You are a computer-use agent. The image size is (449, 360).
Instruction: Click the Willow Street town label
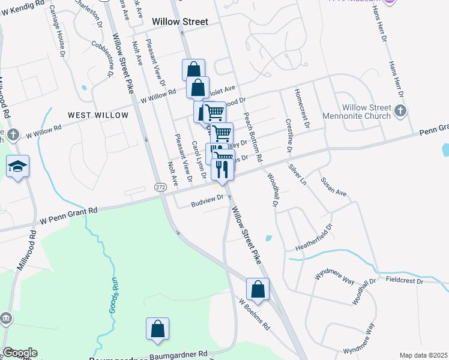pyautogui.click(x=180, y=22)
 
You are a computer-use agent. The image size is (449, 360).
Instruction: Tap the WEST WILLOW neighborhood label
pyautogui.click(x=98, y=115)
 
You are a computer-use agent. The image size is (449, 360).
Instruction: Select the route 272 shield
pyautogui.click(x=160, y=187)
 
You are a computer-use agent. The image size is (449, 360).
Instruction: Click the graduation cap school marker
pyautogui.click(x=18, y=166)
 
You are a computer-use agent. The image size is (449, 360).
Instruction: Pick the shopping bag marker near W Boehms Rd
pyautogui.click(x=258, y=289)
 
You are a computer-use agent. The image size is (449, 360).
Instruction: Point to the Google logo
pyautogui.click(x=20, y=353)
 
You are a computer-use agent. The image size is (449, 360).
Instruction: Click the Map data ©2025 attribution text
pyautogui.click(x=423, y=355)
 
